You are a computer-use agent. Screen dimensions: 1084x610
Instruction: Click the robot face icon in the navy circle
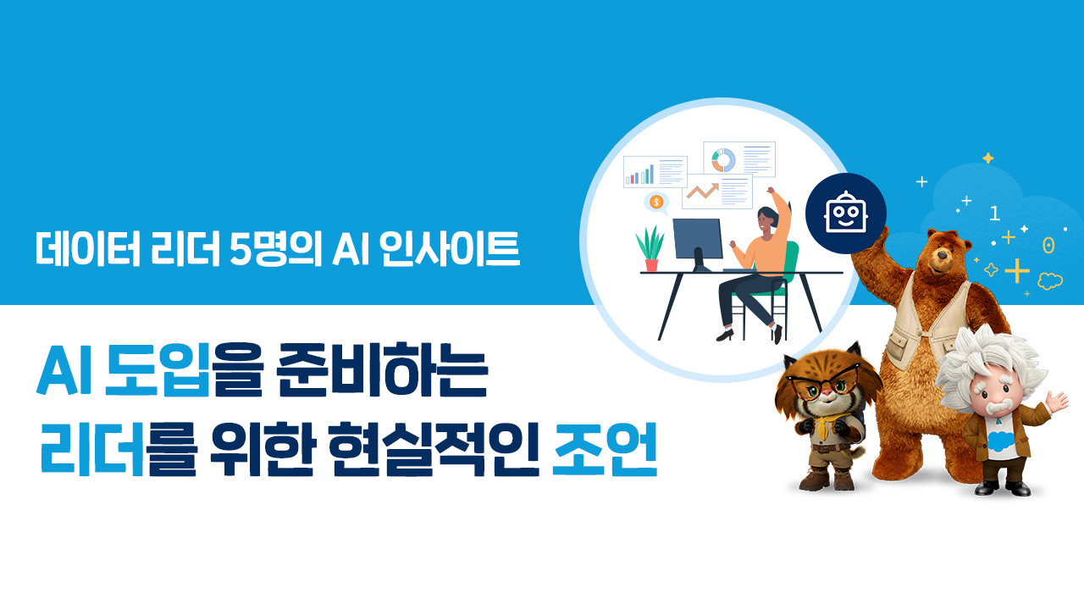[x=846, y=213]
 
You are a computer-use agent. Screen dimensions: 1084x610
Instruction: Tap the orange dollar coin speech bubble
[x=656, y=202]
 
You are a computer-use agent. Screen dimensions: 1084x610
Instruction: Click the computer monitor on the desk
[x=698, y=243]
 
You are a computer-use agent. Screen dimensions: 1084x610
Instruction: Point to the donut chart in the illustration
[x=723, y=160]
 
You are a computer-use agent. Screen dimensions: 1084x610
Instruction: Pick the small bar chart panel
[x=655, y=171]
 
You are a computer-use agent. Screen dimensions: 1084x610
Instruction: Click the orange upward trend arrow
[x=703, y=191]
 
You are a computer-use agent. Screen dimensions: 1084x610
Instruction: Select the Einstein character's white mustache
[x=998, y=408]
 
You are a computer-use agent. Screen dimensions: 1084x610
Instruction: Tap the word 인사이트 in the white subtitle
[x=450, y=249]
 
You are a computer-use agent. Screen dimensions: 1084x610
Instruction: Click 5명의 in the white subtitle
[x=276, y=249]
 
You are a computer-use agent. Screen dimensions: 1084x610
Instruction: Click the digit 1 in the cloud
[x=994, y=213]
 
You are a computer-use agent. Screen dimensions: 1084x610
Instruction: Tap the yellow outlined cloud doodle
[x=1049, y=280]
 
